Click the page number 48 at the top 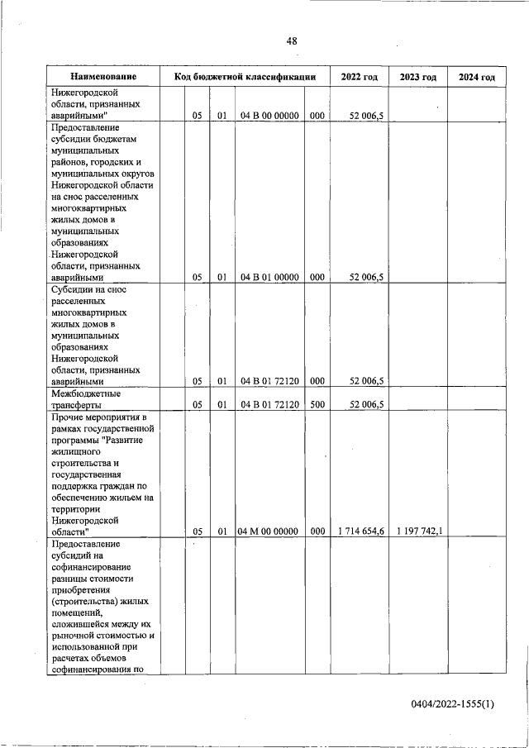point(292,40)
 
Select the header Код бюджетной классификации point(245,77)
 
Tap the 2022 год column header point(359,77)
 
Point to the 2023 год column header point(417,77)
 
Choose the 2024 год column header point(476,77)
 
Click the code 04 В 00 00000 point(269,117)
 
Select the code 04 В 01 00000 point(269,278)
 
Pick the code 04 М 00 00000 point(269,531)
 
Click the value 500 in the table point(317,405)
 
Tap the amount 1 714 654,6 point(360,531)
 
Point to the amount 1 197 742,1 point(419,531)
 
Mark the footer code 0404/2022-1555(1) point(452,703)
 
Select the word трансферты point(76,406)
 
